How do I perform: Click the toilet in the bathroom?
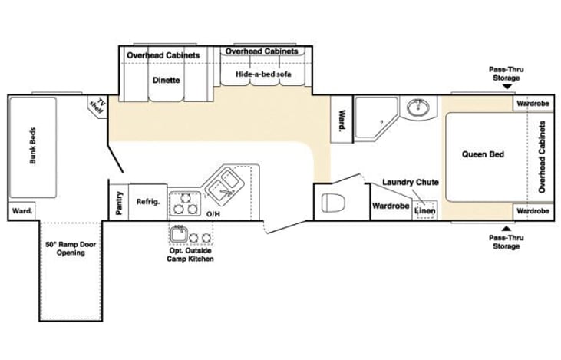pyautogui.click(x=333, y=203)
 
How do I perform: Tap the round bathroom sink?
pyautogui.click(x=417, y=107)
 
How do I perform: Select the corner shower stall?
pyautogui.click(x=376, y=117)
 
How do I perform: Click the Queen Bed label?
pyautogui.click(x=483, y=154)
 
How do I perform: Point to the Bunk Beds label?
pyautogui.click(x=33, y=145)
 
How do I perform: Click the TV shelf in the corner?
pyautogui.click(x=97, y=106)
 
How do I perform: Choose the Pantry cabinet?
pyautogui.click(x=118, y=202)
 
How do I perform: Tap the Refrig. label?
pyautogui.click(x=148, y=202)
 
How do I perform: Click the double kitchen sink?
pyautogui.click(x=223, y=183)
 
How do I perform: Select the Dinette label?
pyautogui.click(x=167, y=80)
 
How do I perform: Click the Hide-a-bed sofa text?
pyautogui.click(x=263, y=74)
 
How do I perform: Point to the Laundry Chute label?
pyautogui.click(x=411, y=182)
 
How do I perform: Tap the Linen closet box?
pyautogui.click(x=424, y=210)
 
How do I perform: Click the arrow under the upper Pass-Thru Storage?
pyautogui.click(x=507, y=87)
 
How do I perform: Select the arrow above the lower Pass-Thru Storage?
pyautogui.click(x=507, y=228)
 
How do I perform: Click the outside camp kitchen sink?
pyautogui.click(x=179, y=234)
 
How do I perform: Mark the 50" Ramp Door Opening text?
pyautogui.click(x=71, y=249)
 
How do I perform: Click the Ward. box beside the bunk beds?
pyautogui.click(x=21, y=211)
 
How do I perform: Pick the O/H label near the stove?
pyautogui.click(x=213, y=214)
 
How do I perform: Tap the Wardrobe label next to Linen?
pyautogui.click(x=391, y=206)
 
